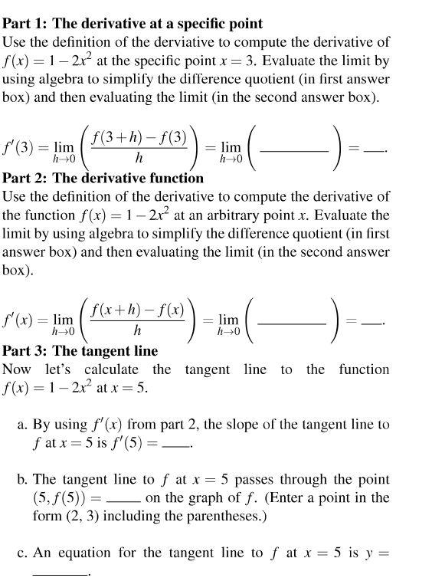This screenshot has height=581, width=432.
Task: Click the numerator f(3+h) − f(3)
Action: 139,139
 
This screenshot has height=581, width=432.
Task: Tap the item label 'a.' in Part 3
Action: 24,424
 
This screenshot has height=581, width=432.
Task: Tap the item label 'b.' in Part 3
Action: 24,480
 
